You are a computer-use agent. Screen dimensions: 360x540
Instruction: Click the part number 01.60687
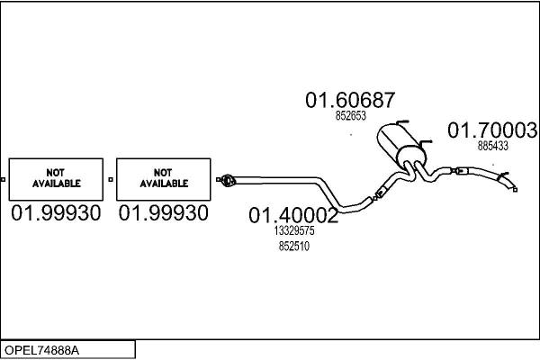350,100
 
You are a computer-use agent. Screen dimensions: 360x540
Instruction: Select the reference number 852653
350,116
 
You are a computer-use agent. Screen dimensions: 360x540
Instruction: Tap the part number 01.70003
492,130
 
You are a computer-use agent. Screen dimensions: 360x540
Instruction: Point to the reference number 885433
493,145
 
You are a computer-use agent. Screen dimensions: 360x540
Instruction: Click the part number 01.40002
293,215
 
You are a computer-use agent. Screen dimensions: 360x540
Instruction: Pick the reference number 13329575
293,230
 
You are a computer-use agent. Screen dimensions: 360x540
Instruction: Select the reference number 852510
293,246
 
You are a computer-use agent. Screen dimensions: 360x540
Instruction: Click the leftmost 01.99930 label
57,213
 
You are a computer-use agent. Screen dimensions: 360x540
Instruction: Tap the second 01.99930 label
165,213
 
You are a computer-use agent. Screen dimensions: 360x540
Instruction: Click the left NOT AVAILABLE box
57,178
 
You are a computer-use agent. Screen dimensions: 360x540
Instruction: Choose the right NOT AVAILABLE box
164,178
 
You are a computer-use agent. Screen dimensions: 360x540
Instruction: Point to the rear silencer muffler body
396,143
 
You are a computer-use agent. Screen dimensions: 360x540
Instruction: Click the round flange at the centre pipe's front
229,181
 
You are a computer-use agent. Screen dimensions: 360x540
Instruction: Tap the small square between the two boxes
110,179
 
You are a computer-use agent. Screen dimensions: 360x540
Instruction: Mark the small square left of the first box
3,179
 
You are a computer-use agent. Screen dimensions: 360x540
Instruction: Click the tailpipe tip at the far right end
516,188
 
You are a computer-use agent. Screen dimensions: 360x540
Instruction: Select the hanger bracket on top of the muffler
401,123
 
